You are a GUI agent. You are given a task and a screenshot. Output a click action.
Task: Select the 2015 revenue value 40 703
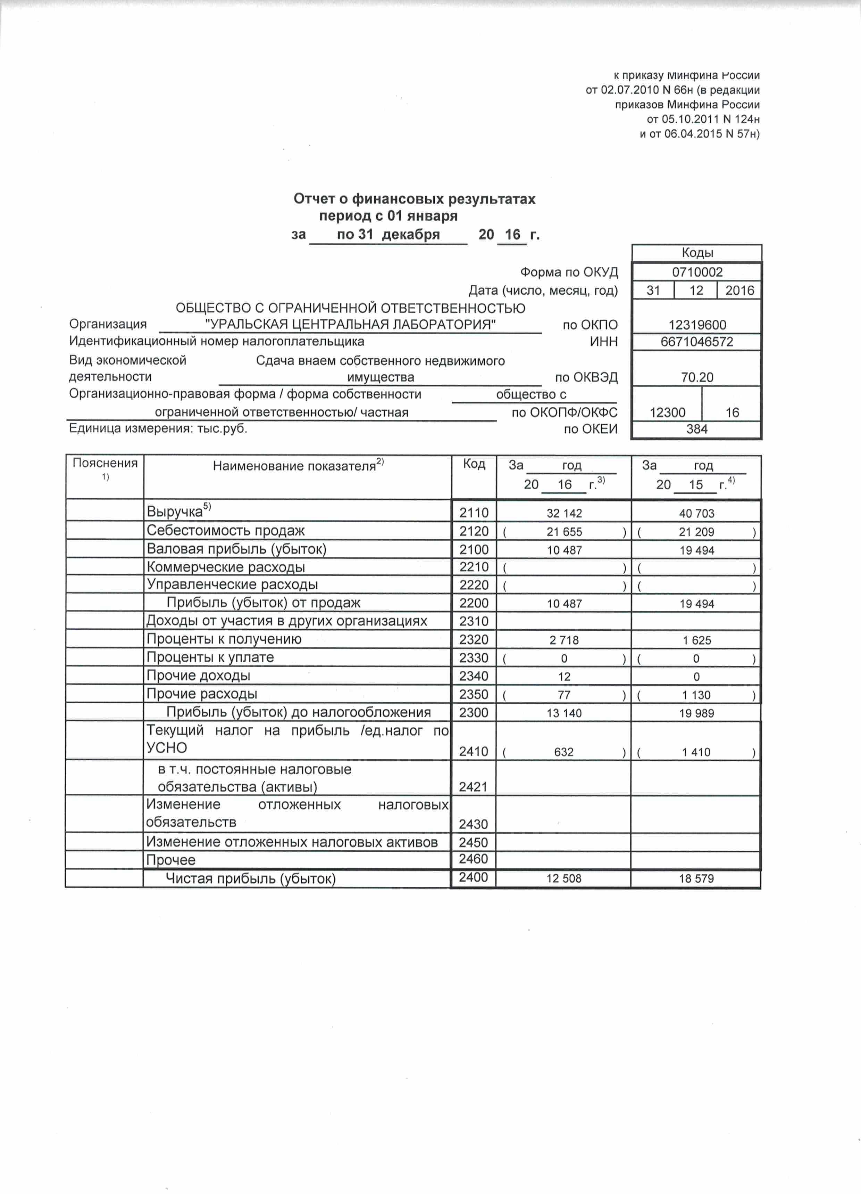coord(696,513)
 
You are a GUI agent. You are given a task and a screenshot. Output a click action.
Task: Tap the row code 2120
coord(473,531)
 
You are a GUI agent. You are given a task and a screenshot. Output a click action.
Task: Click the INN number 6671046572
coord(696,342)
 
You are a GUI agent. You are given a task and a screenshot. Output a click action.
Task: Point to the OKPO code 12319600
coord(697,325)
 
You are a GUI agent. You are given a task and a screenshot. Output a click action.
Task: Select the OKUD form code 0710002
coord(697,272)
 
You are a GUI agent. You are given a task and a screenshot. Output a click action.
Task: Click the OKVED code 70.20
coord(697,377)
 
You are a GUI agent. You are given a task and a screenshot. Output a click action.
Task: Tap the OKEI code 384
coord(696,429)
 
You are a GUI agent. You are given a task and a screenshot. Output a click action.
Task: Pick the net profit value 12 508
coord(563,879)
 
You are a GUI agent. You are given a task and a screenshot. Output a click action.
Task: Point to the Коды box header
coord(697,253)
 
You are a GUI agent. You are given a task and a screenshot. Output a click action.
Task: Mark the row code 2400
coord(473,877)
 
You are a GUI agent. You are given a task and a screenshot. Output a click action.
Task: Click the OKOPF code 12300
coord(667,413)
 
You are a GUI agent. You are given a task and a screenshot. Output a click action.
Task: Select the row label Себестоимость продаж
coord(226,531)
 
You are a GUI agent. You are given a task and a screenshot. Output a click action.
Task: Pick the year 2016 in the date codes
coord(739,291)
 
